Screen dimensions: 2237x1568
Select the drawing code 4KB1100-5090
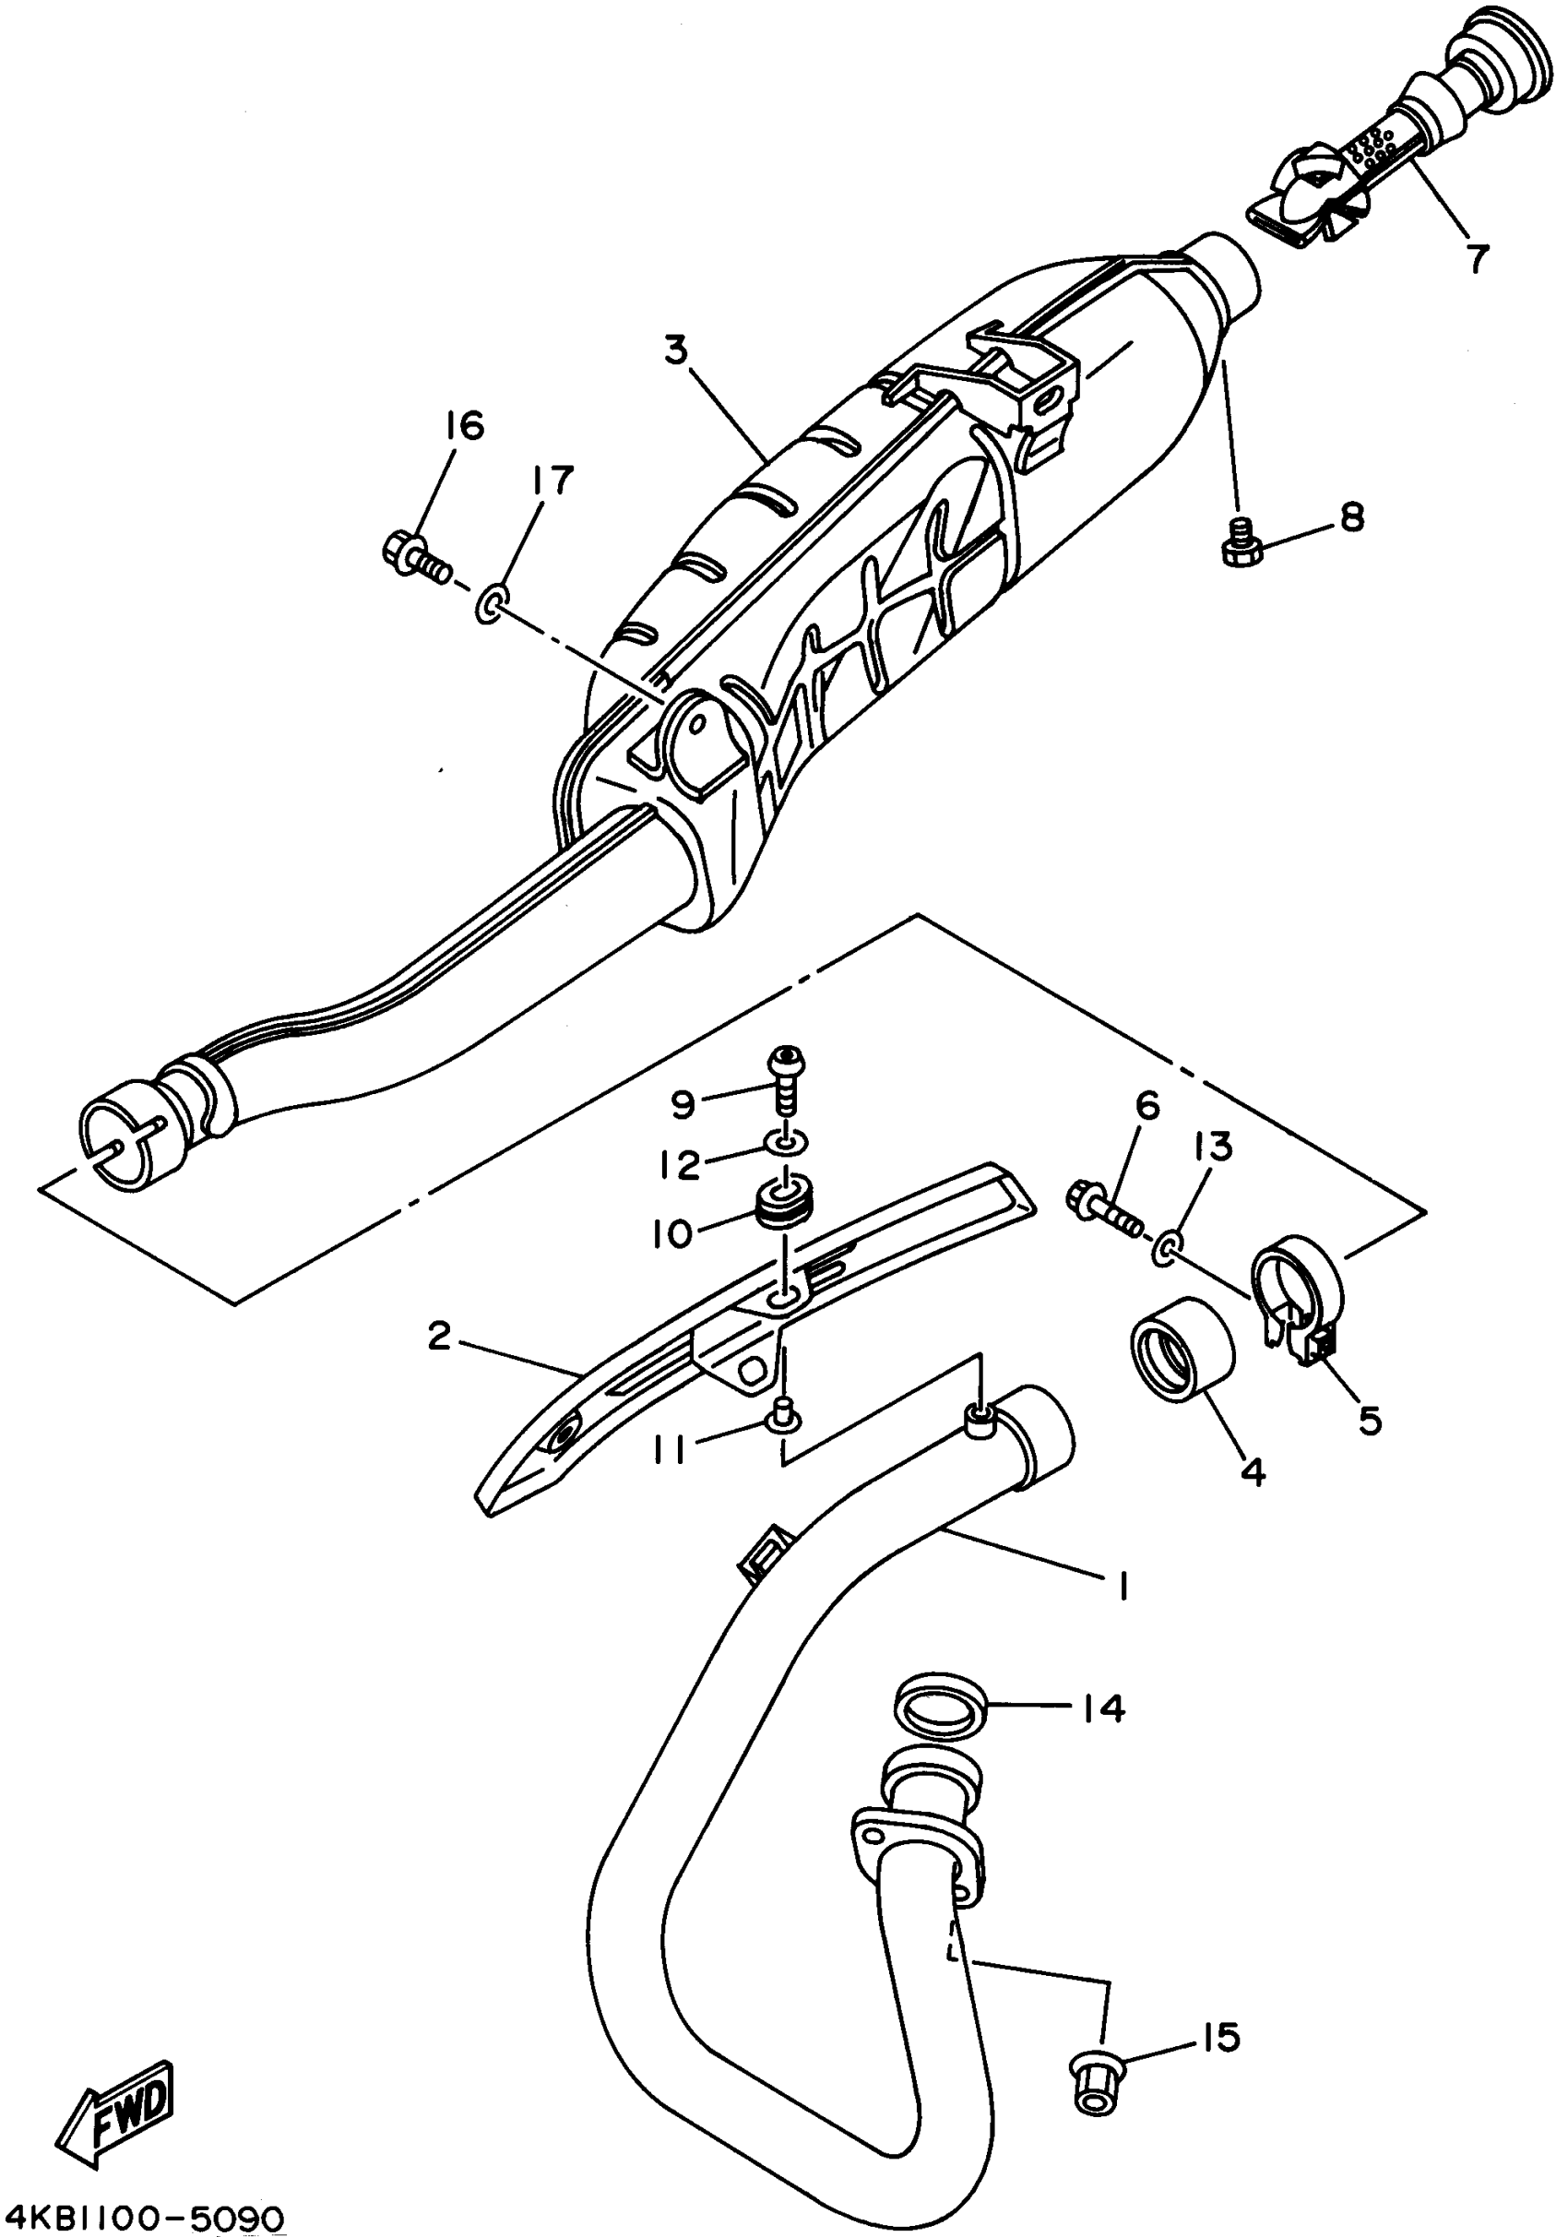[143, 2219]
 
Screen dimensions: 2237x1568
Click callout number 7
[1478, 257]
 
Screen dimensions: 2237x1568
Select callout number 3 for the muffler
[676, 349]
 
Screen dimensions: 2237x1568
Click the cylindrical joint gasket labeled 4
[1181, 1350]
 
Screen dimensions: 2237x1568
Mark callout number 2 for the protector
[439, 1336]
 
